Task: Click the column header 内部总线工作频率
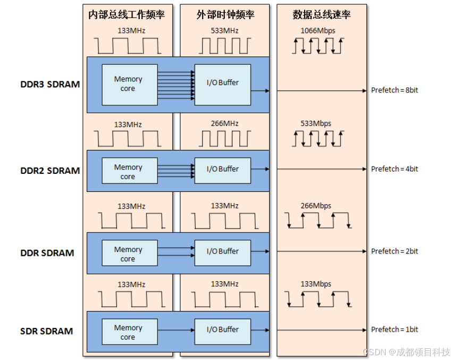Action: point(127,15)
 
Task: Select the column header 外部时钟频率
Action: point(225,15)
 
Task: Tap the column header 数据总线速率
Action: point(322,15)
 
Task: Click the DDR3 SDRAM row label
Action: point(50,84)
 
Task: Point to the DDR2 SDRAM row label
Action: point(50,171)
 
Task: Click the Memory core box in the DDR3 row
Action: point(128,84)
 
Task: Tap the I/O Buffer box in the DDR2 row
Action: point(223,169)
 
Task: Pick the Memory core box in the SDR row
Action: point(128,332)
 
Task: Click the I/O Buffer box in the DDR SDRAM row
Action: point(223,251)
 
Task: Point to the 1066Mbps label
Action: point(318,30)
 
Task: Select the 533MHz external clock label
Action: point(224,30)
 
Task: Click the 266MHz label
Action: point(224,123)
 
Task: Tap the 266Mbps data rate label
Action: point(316,206)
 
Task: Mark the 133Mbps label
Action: point(316,284)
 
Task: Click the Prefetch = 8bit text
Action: point(395,90)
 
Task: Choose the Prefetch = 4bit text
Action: point(395,169)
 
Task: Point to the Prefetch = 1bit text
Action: point(395,330)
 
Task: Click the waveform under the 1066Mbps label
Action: point(318,46)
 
